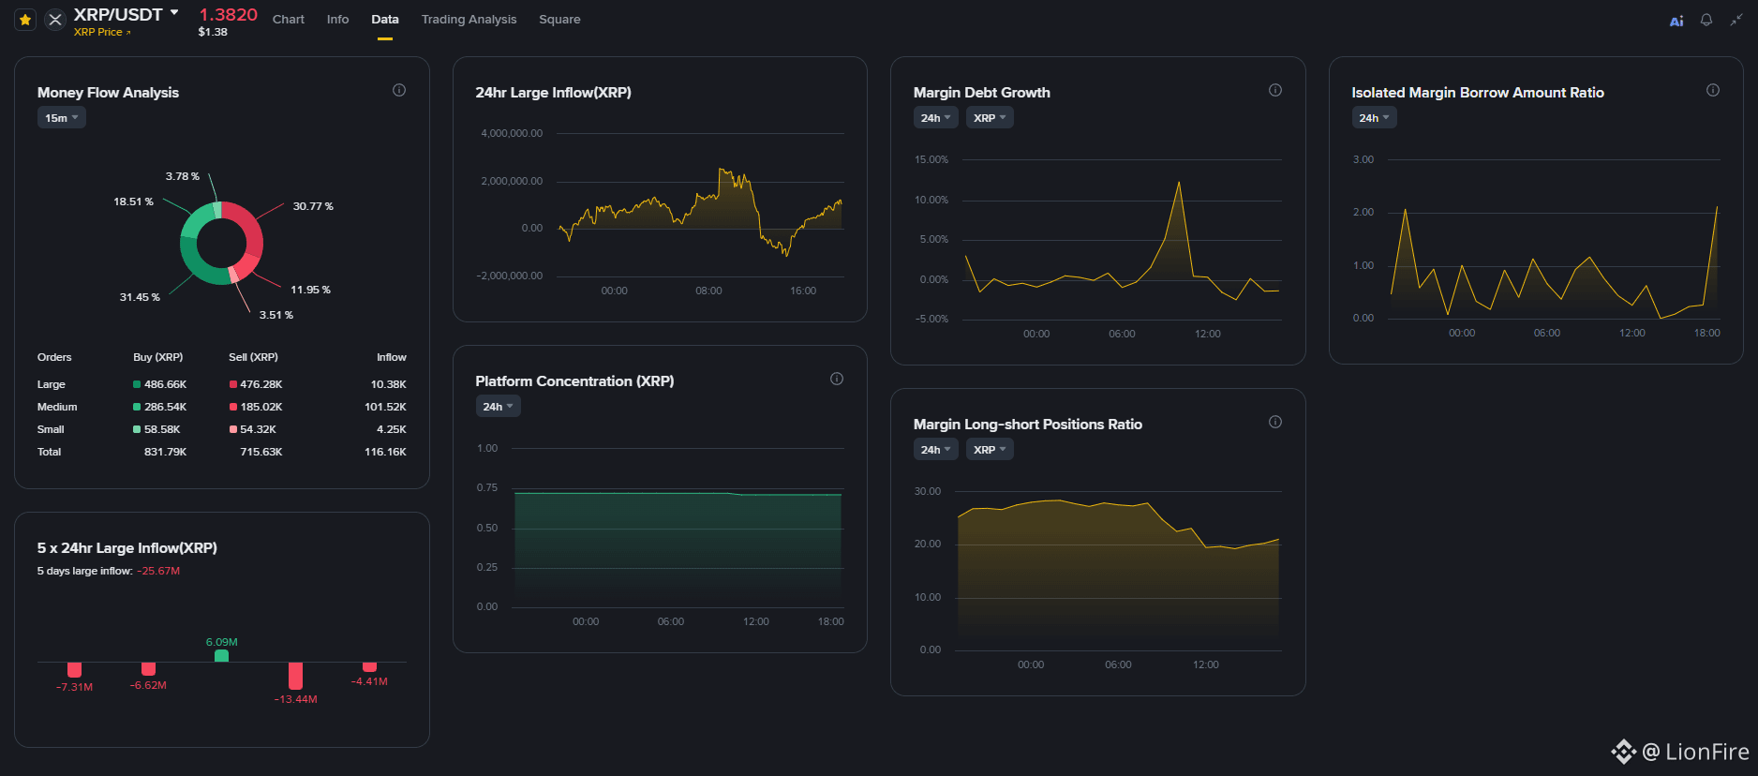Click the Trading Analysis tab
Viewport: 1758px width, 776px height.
469,19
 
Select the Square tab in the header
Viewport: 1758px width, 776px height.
559,19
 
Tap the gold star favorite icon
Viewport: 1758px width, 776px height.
25,19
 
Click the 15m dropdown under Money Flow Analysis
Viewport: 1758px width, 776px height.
62,118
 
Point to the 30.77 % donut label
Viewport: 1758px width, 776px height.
313,206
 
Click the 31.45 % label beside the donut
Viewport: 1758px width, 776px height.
140,297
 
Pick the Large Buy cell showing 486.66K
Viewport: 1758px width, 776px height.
165,384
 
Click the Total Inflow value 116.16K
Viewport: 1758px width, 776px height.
385,452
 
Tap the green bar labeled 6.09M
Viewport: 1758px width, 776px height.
221,656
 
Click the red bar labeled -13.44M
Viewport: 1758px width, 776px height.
295,676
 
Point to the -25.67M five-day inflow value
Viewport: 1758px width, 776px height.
158,571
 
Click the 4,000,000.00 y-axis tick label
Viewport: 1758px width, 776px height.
512,133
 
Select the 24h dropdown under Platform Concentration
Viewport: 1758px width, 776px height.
498,407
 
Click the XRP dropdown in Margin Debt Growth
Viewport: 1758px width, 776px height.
990,118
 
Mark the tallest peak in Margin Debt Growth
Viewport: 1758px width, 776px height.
1178,182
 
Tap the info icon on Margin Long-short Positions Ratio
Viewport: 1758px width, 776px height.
1275,422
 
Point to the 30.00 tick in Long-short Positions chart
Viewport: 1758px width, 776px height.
928,491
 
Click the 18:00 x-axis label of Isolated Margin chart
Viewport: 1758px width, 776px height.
1706,333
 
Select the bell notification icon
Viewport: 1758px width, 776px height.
1706,20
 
